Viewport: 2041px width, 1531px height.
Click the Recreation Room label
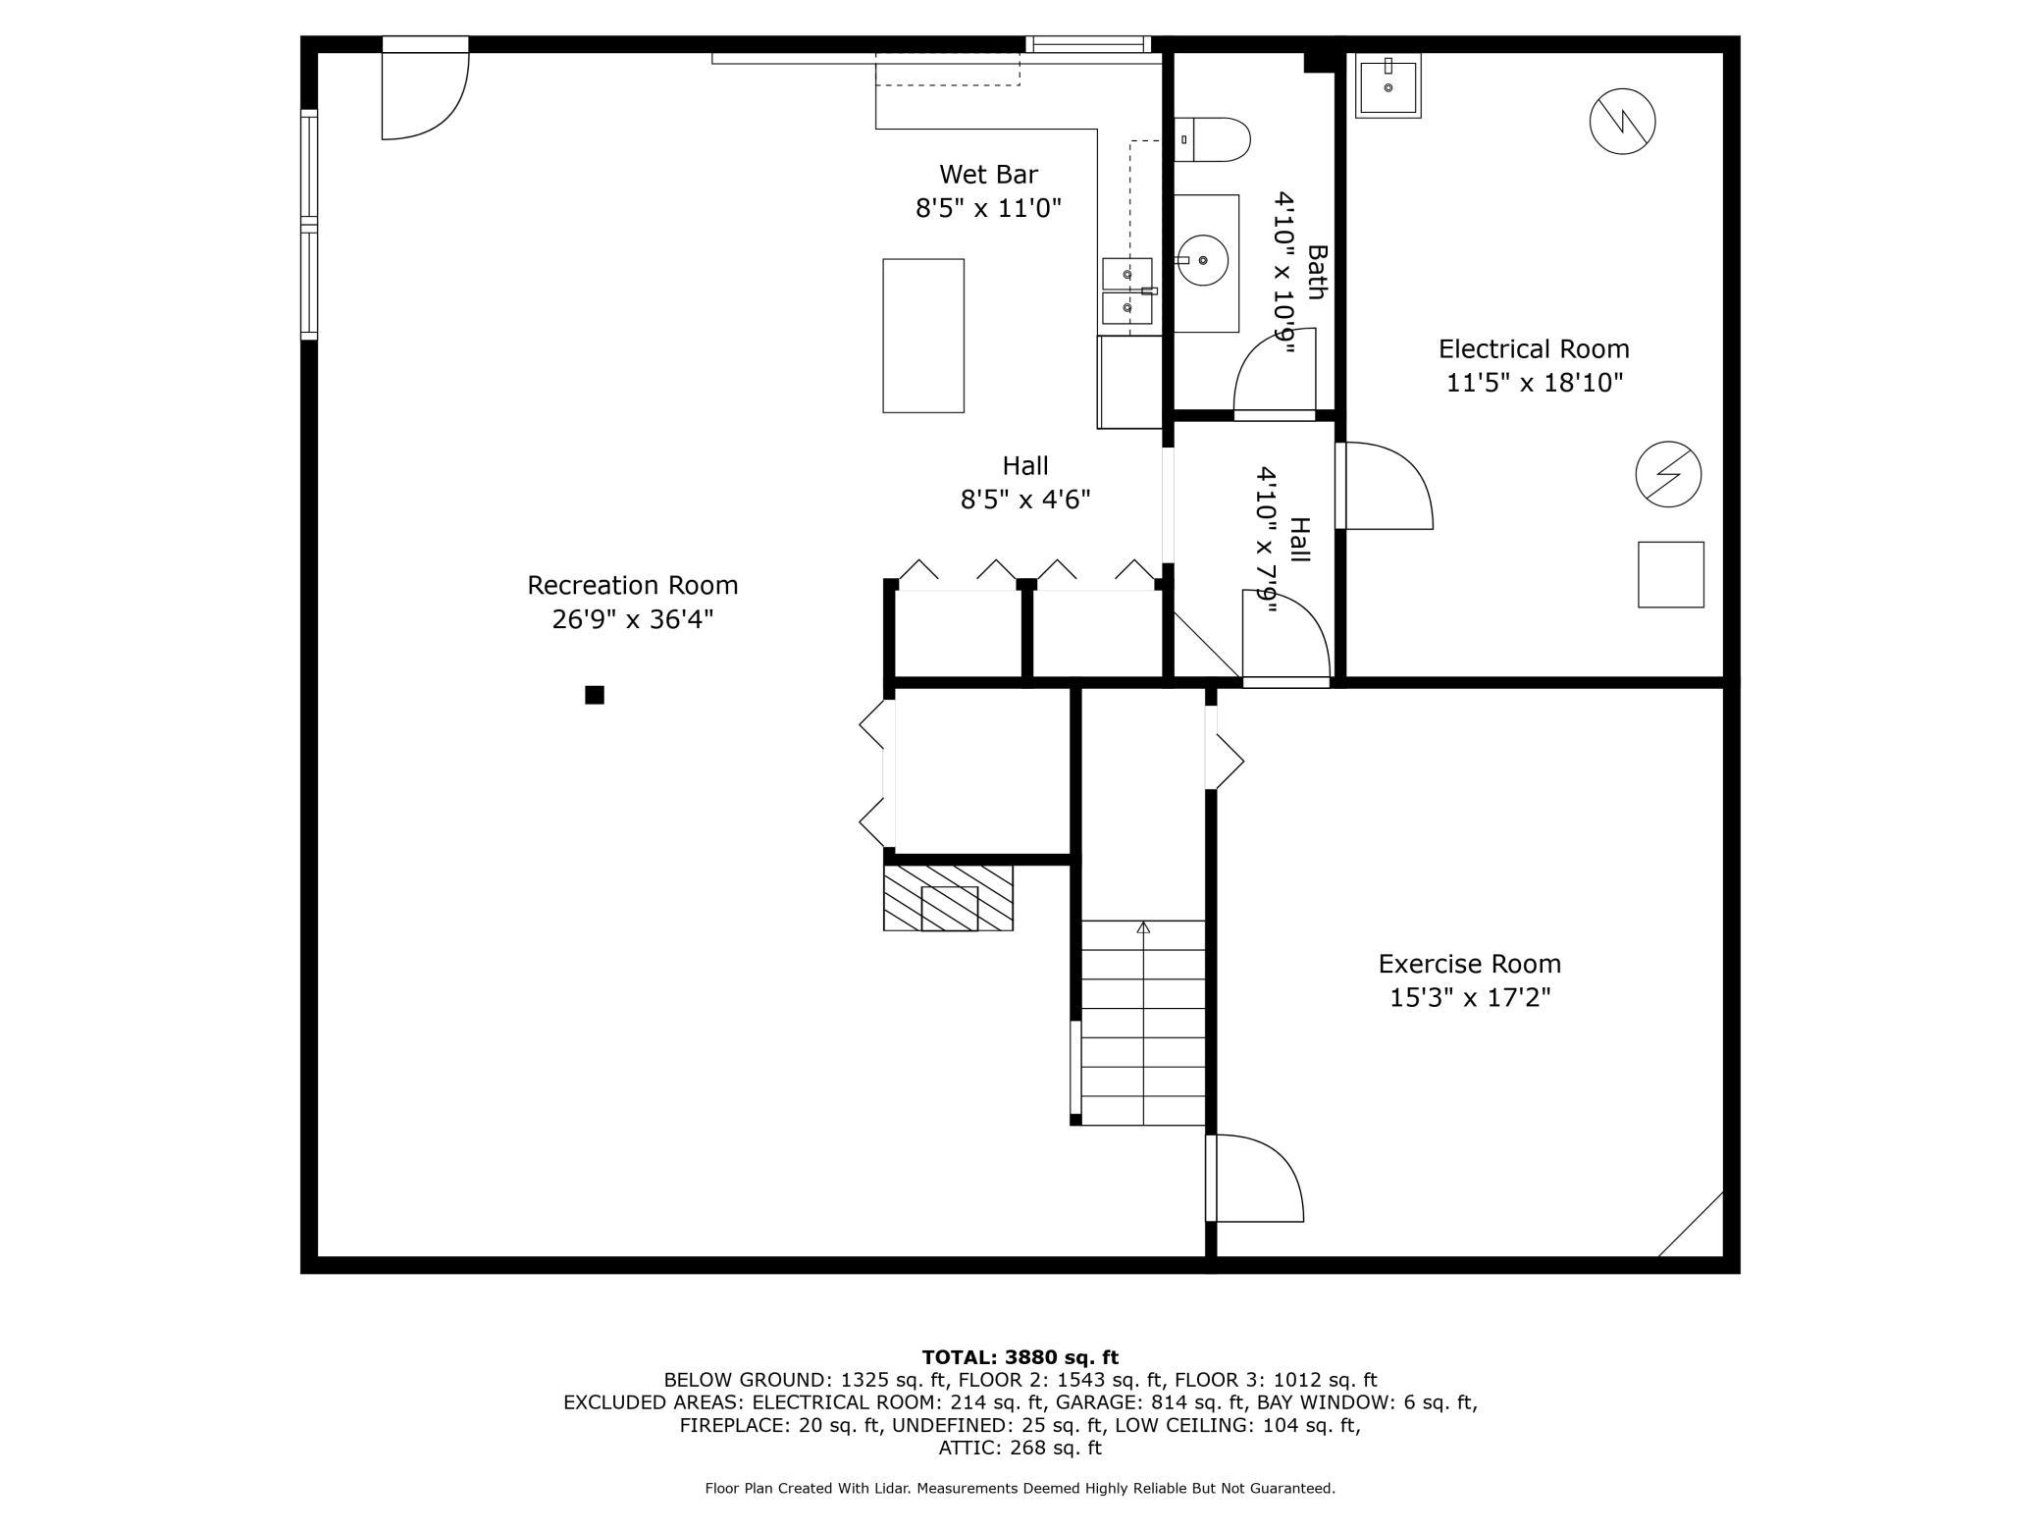point(632,585)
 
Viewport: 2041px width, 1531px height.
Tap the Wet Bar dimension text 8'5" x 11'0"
point(989,208)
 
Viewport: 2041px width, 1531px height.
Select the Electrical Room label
point(1534,348)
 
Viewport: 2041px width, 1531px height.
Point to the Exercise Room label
point(1470,964)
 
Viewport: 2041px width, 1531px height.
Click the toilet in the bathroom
point(1213,139)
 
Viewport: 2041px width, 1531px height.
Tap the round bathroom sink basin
point(1203,260)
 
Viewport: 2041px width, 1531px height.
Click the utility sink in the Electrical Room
point(1388,86)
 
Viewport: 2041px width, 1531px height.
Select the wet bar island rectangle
point(923,336)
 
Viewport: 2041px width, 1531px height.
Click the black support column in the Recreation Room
point(595,695)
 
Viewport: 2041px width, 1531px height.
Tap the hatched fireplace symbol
point(948,898)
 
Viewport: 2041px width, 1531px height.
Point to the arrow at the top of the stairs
point(1143,927)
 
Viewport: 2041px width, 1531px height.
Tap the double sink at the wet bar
point(1127,291)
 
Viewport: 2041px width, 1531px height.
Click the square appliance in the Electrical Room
point(1671,574)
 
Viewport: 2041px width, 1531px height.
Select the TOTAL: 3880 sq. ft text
point(1020,1357)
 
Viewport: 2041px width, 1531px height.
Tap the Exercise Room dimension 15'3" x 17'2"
point(1470,998)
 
